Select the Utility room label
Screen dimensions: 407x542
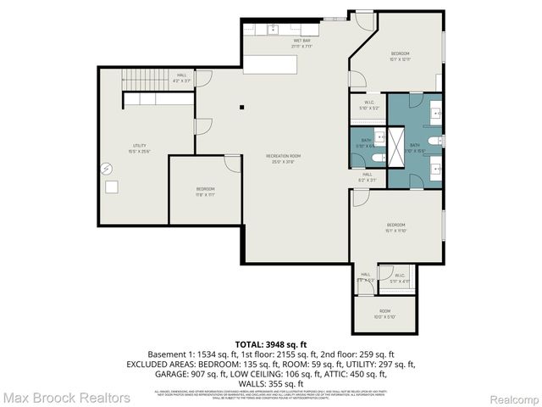[140, 149]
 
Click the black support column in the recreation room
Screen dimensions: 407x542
[241, 107]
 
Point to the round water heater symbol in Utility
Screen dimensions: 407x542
[107, 167]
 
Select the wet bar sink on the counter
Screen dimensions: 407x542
[274, 31]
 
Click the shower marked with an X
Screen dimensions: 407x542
[380, 136]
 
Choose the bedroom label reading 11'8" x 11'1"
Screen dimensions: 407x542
[205, 191]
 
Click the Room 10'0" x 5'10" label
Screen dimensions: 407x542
[384, 314]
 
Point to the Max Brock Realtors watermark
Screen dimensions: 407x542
[66, 397]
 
